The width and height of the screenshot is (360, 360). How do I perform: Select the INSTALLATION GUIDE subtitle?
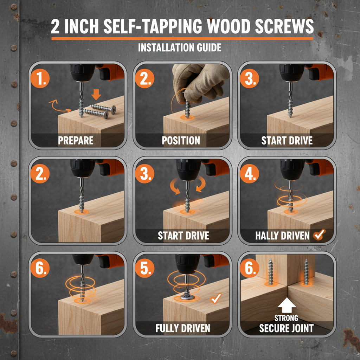pos(180,47)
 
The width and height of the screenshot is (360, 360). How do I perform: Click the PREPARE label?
pos(76,141)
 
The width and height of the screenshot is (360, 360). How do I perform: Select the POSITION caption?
pos(181,141)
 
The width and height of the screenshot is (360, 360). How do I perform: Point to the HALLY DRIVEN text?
pos(282,236)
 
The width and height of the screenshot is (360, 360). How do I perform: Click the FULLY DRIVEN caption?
pos(183,328)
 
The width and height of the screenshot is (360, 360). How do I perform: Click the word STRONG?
pos(287,318)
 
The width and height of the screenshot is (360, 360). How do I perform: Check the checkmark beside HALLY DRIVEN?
pos(320,235)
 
